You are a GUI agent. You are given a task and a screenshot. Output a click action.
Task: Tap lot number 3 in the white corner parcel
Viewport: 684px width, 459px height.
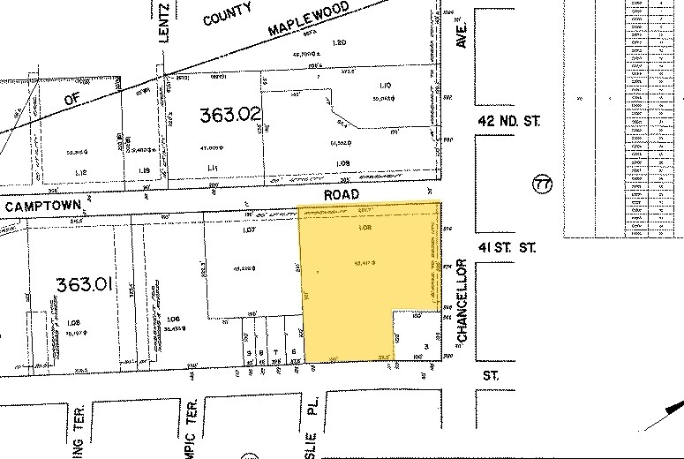pyautogui.click(x=425, y=346)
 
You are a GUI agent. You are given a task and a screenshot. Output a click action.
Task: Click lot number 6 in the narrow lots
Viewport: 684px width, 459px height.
pyautogui.click(x=294, y=351)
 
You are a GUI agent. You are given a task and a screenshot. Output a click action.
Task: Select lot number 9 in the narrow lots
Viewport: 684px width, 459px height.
pyautogui.click(x=250, y=352)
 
